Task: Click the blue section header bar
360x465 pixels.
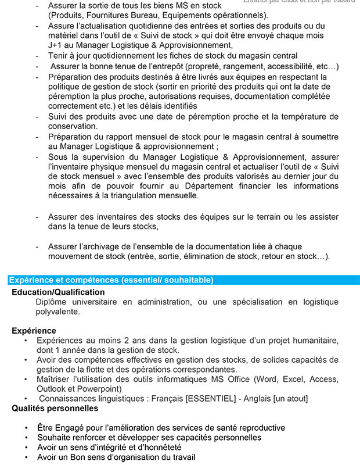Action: point(180,280)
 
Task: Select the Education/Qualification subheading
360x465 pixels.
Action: point(58,292)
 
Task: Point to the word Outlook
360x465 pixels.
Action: point(51,388)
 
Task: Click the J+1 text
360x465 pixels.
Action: point(56,45)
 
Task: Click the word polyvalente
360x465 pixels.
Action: point(57,312)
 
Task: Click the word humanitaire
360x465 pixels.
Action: point(314,340)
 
